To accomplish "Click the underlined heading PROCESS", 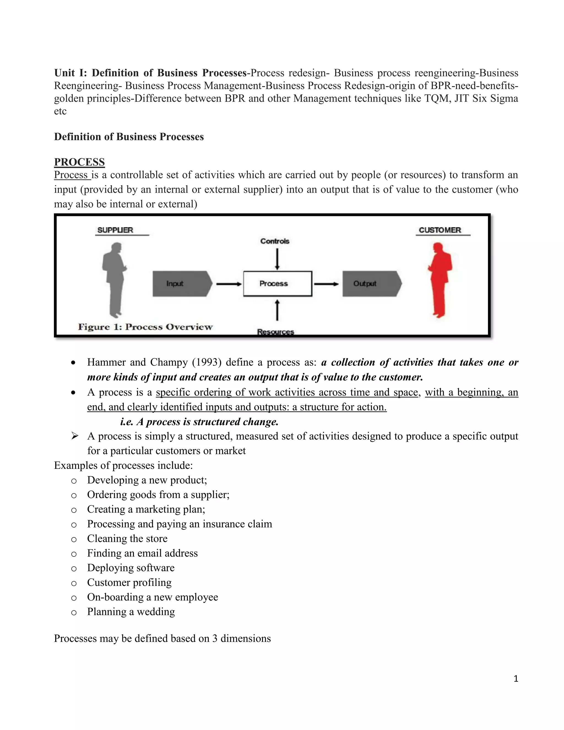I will pos(79,162).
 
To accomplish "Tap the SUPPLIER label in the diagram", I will pos(115,230).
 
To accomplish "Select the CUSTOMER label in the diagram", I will pos(440,230).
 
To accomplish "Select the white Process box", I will pos(277,284).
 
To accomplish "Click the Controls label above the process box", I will pos(275,241).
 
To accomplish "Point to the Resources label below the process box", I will pos(275,332).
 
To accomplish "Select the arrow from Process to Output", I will pos(326,284).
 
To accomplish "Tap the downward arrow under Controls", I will pos(277,259).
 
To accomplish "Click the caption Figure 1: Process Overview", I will pos(145,327).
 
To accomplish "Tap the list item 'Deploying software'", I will pos(131,568).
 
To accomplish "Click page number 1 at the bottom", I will pos(516,678).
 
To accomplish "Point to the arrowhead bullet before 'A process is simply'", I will pos(75,436).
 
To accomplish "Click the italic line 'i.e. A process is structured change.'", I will pos(199,422).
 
